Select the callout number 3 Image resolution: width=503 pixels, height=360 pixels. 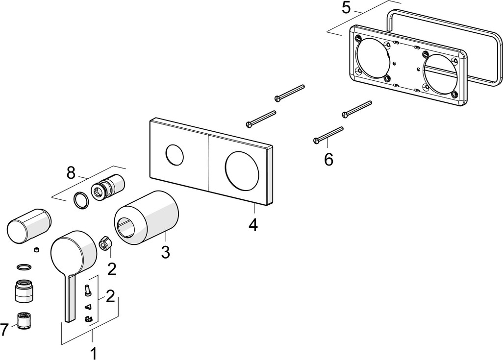[x=165, y=252]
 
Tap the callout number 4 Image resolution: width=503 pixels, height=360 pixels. [x=253, y=225]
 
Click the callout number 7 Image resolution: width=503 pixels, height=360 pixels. [x=4, y=330]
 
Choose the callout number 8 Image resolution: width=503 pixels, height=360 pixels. [x=72, y=172]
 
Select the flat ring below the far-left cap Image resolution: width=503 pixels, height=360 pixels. [x=23, y=267]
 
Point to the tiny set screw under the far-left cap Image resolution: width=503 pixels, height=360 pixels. [x=36, y=250]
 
